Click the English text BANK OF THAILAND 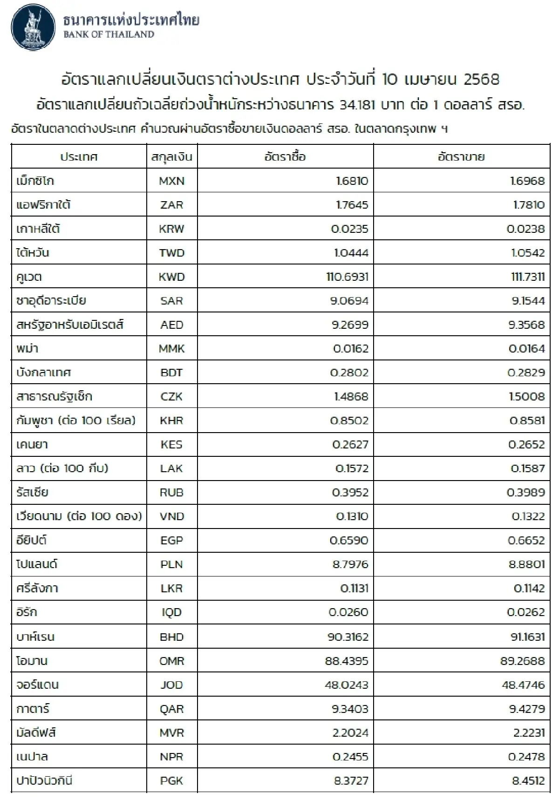[109, 34]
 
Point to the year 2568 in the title [481, 79]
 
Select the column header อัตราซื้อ [285, 157]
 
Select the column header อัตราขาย [461, 157]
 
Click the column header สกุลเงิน [172, 157]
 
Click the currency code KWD [172, 277]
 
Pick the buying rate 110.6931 [347, 277]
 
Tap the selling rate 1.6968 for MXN [527, 181]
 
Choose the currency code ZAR [172, 205]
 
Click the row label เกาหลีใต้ [38, 229]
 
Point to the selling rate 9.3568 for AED [526, 325]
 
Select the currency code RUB [172, 492]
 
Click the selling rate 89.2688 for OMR [523, 661]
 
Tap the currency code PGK [172, 780]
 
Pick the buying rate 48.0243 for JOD [347, 685]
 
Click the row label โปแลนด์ [37, 564]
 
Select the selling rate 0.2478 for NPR [526, 757]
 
